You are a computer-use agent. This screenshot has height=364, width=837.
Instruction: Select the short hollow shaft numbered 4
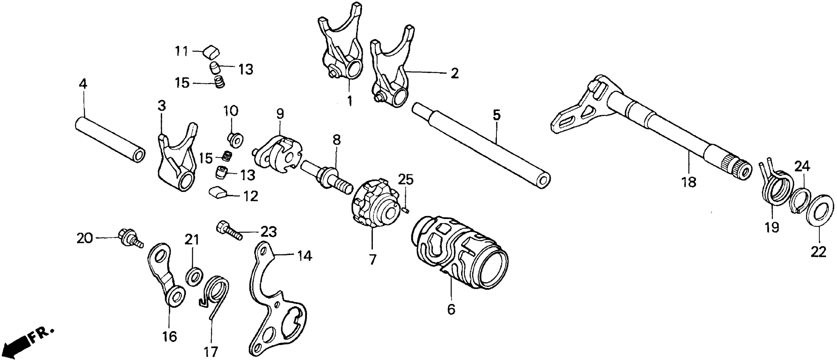click(110, 140)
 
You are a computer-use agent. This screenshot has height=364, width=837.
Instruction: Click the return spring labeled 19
click(777, 192)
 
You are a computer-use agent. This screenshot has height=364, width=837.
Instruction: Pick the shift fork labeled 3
click(177, 159)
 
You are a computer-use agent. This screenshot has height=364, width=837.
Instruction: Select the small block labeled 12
click(217, 193)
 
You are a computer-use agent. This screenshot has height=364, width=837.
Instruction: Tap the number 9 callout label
click(280, 114)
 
